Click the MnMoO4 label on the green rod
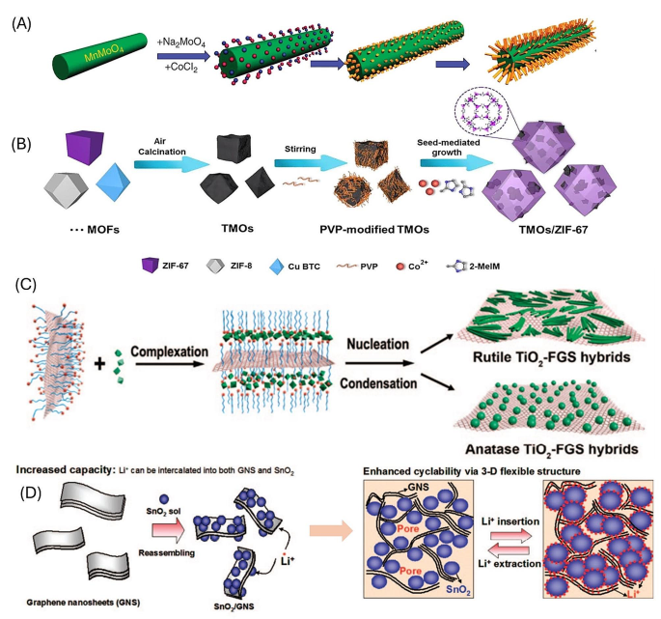point(101,63)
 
